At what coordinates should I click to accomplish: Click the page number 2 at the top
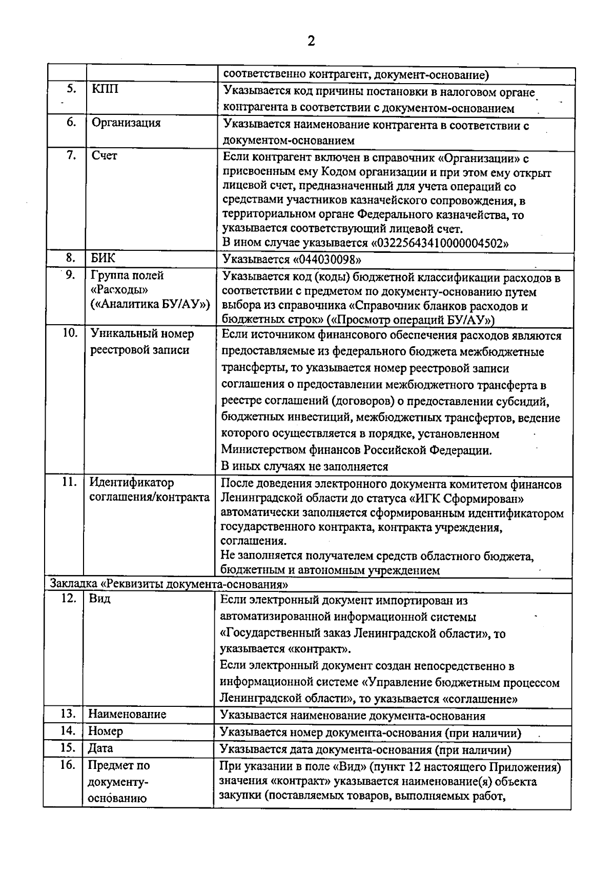click(x=311, y=41)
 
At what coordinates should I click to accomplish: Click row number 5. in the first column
click(x=71, y=89)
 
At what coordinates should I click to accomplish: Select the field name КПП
click(x=105, y=89)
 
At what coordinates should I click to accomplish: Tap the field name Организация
click(x=126, y=123)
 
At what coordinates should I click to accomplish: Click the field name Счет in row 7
click(x=104, y=156)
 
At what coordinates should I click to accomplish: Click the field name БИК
click(x=103, y=258)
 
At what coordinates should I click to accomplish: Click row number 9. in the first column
click(x=71, y=275)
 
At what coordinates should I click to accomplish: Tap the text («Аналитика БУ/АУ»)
click(x=150, y=304)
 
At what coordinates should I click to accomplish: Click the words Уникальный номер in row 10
click(x=142, y=334)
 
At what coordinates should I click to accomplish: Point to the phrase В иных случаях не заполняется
click(x=304, y=467)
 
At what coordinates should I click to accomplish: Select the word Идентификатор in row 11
click(x=132, y=483)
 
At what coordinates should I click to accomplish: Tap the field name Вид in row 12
click(x=99, y=599)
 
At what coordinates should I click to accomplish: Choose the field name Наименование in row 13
click(x=127, y=715)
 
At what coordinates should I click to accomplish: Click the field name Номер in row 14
click(x=105, y=731)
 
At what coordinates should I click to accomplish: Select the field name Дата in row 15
click(x=100, y=748)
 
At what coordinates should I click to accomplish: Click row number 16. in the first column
click(x=69, y=766)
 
